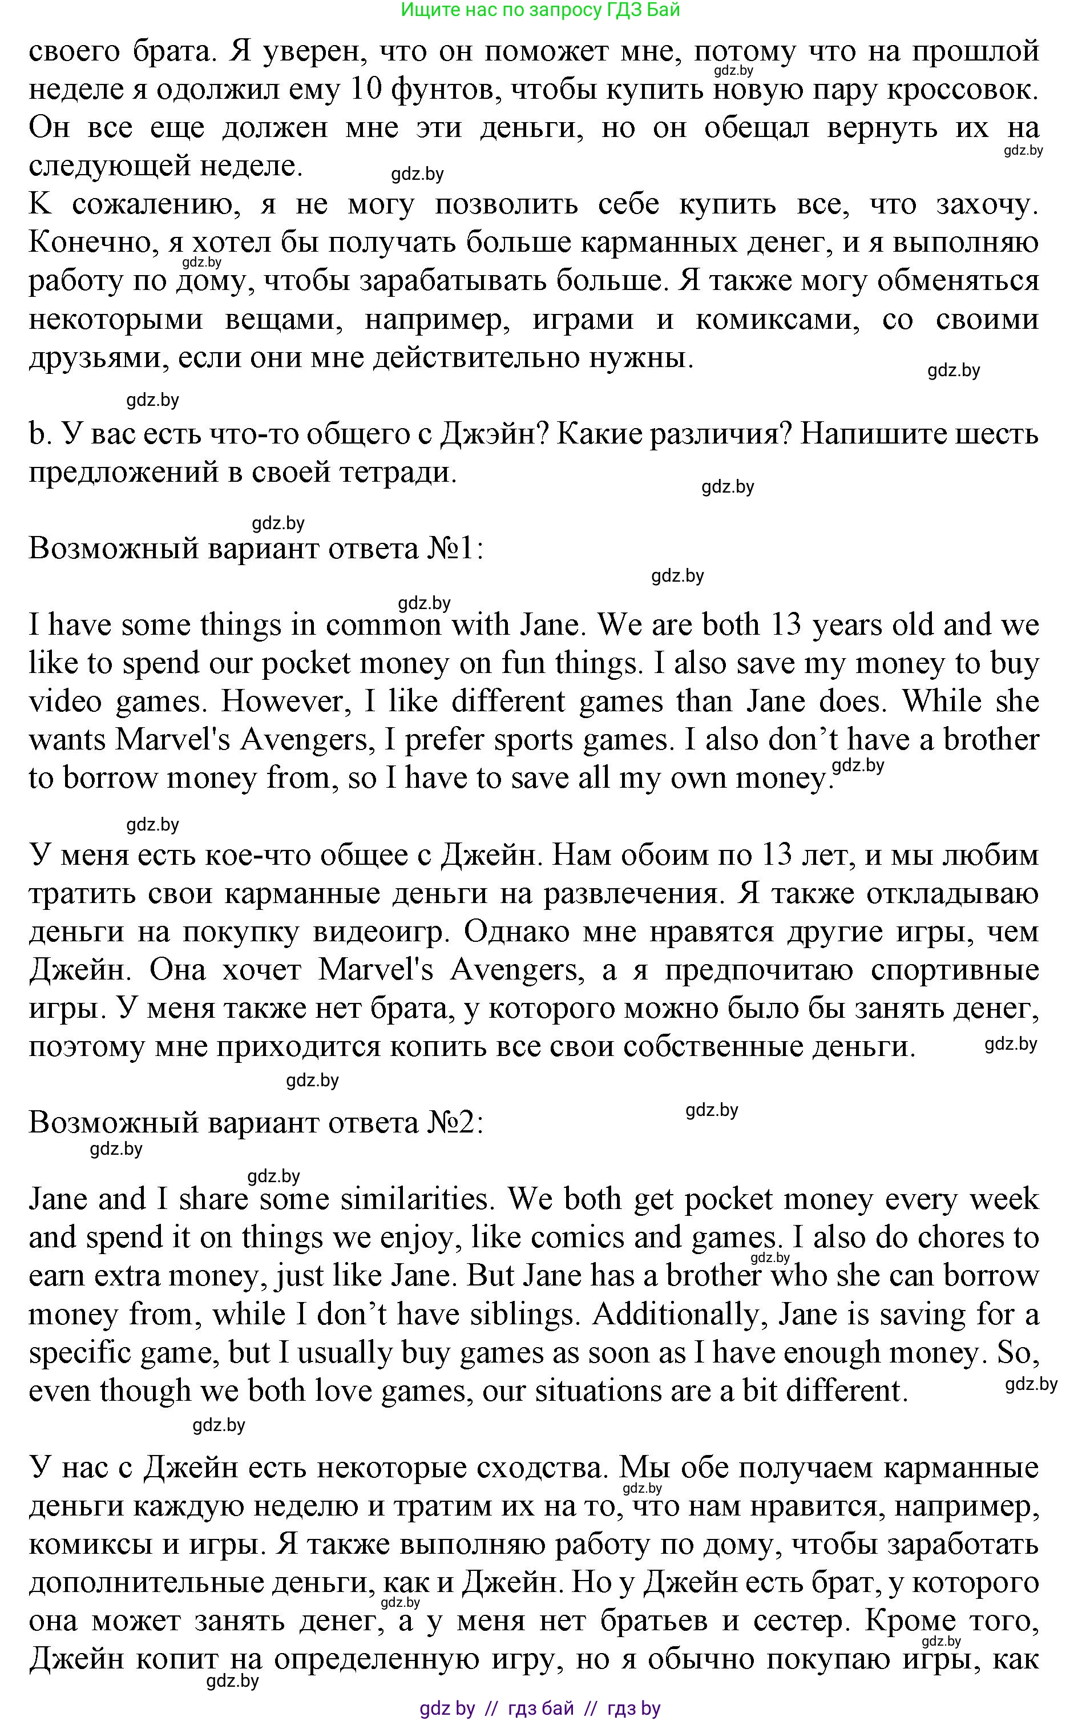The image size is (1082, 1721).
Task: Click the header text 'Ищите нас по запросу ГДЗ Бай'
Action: pyautogui.click(x=540, y=10)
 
